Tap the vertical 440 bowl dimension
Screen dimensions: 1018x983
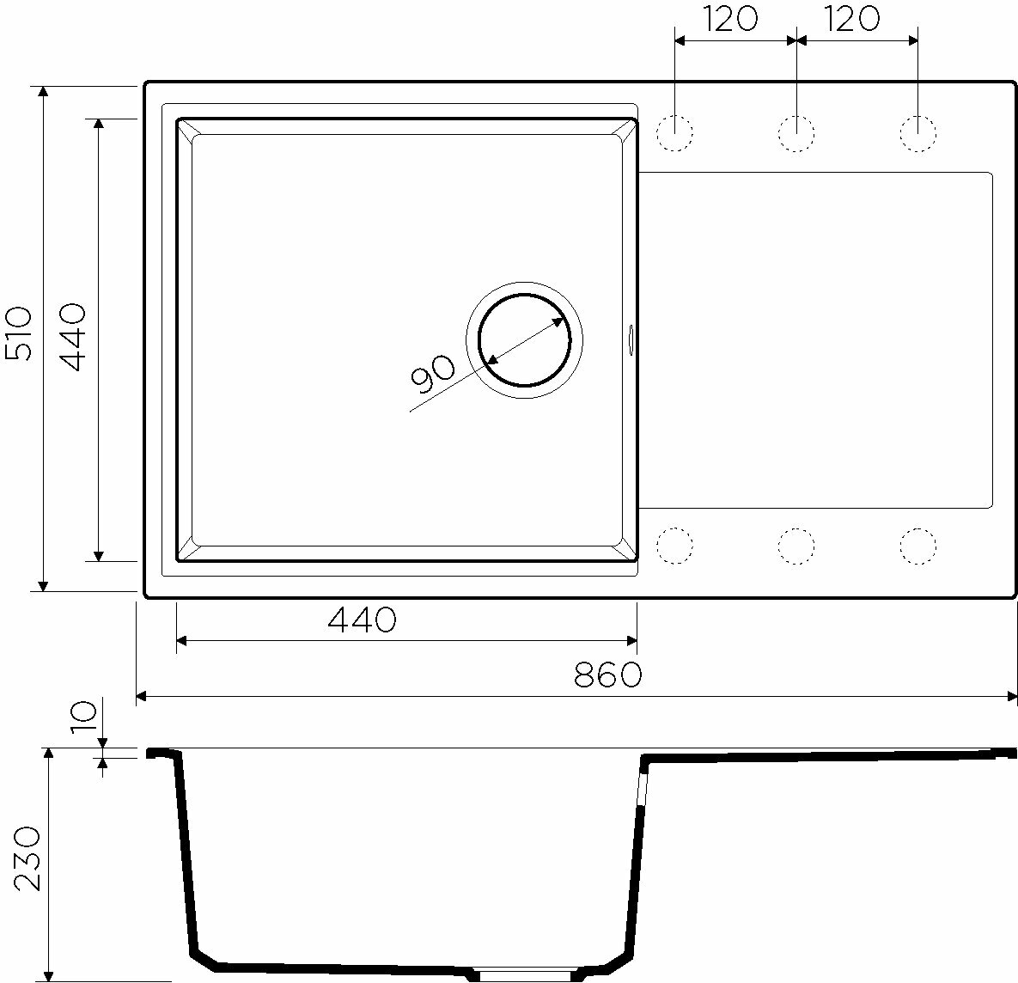click(72, 337)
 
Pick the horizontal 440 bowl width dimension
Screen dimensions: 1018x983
click(362, 620)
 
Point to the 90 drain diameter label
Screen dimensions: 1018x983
click(432, 375)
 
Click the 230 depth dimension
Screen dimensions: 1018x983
click(27, 858)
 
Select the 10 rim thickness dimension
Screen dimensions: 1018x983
click(84, 716)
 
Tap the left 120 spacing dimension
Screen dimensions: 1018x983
click(730, 20)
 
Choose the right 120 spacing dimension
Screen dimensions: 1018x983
click(852, 20)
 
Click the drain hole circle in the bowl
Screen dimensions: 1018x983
click(525, 294)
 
